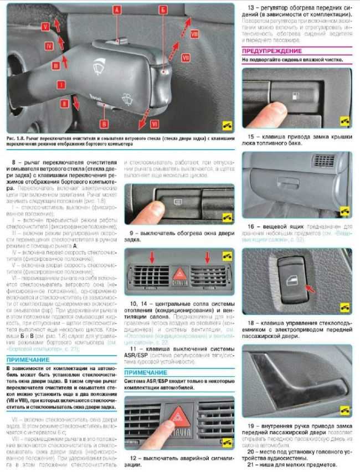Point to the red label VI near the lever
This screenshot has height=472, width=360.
pos(155,124)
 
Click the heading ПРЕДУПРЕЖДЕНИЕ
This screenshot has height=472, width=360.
pos(271,50)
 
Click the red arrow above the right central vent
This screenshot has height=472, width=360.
pos(208,257)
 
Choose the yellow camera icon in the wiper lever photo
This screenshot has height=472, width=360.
pos(227,125)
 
